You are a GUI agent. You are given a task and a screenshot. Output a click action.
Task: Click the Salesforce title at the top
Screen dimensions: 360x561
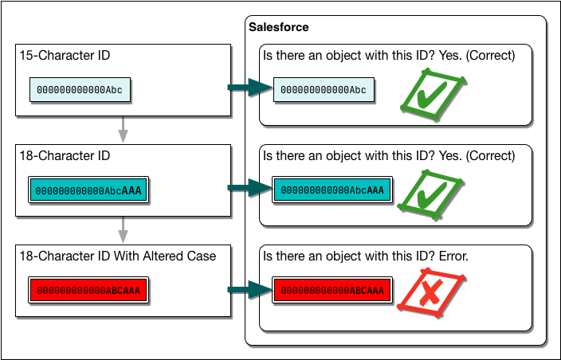[x=279, y=27]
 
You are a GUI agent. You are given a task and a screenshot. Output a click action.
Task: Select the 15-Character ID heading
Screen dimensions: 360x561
[x=65, y=56]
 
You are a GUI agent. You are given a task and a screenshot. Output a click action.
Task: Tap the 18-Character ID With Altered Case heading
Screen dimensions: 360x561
[x=118, y=255]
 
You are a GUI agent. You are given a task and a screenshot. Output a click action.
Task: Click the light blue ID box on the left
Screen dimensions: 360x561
[x=80, y=90]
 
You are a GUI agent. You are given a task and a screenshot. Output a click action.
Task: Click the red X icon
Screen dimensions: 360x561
[x=431, y=294]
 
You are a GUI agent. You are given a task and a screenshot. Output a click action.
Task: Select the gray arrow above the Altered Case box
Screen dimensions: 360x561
[x=123, y=229]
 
